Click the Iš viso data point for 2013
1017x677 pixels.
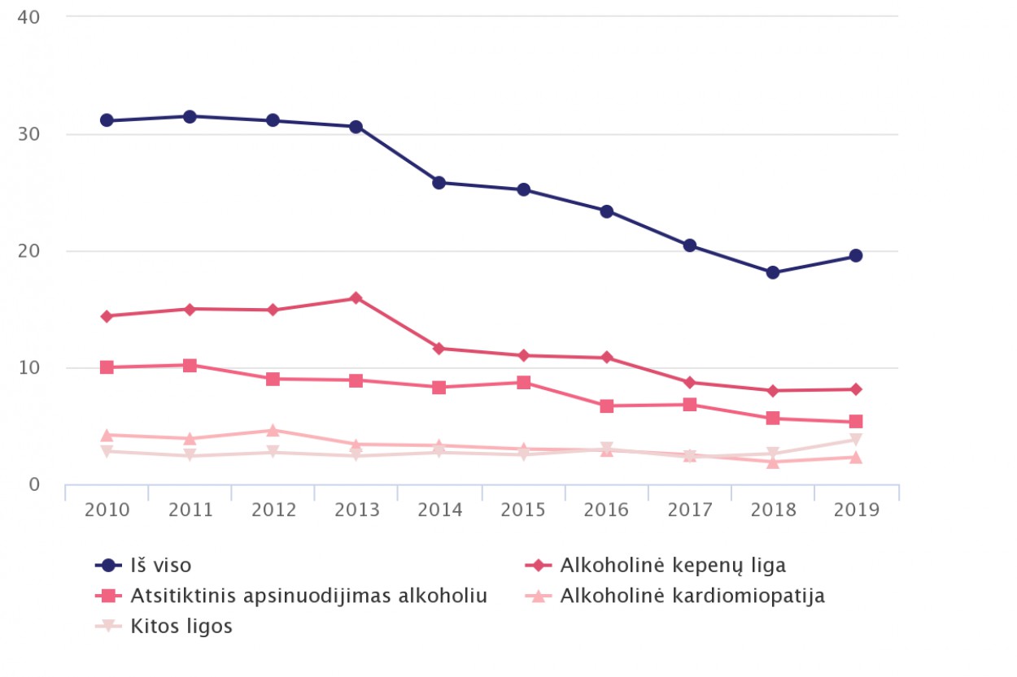pos(356,127)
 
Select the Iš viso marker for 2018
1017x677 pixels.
pos(772,272)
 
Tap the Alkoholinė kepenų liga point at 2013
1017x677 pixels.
pos(356,298)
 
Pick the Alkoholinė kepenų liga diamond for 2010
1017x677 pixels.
pos(107,316)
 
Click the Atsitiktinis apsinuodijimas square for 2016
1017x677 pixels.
pos(606,406)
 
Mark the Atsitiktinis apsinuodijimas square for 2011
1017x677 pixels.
pos(190,366)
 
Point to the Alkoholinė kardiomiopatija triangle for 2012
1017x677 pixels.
pos(273,430)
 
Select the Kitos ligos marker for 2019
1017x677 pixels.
pos(855,440)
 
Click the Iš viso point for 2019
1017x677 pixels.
pos(855,256)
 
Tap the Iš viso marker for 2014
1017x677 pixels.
pos(439,183)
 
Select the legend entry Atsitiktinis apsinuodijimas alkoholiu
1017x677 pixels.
pos(308,596)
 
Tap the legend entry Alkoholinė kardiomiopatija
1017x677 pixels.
pos(692,596)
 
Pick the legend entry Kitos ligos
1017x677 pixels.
pos(181,627)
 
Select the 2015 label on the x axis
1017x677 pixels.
pos(523,510)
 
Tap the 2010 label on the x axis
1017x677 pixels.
pos(107,510)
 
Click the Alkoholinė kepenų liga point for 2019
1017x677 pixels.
pos(855,389)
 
